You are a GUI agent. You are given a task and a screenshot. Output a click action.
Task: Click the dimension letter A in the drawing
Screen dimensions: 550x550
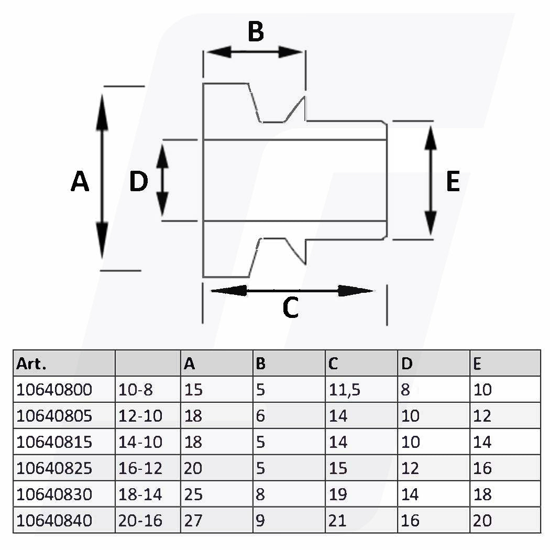(80, 182)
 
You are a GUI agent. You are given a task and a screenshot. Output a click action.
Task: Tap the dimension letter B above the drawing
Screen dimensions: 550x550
(256, 31)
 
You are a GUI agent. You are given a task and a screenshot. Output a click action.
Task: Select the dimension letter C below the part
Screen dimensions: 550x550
(290, 307)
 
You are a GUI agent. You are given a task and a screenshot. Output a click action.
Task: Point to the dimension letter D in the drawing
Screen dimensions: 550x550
(139, 182)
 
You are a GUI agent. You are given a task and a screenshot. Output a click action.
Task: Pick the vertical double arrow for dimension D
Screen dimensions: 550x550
(162, 180)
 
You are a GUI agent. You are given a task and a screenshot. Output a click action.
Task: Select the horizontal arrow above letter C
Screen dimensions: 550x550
(292, 290)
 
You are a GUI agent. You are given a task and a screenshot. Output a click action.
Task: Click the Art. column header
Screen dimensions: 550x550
(31, 364)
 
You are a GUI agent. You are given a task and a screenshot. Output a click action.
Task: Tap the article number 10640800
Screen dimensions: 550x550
(54, 390)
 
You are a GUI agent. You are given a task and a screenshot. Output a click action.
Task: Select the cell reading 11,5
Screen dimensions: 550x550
(344, 390)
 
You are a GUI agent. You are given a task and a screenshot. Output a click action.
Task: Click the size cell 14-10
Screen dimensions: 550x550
(141, 442)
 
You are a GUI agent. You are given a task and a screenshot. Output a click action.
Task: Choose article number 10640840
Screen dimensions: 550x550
(54, 520)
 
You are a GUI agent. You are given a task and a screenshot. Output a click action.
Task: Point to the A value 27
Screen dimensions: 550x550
(193, 520)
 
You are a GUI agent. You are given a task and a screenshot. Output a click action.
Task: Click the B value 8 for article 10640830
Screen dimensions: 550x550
(261, 494)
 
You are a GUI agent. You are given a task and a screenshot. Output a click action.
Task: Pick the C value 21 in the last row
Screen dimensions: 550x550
(338, 520)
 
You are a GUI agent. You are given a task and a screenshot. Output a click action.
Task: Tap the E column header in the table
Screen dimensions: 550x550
(477, 364)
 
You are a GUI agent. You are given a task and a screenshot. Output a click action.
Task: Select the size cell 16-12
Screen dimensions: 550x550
(141, 468)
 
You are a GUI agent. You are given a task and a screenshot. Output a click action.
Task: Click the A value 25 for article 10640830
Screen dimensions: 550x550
(193, 494)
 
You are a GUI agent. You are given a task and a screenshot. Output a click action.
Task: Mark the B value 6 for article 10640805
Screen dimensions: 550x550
(261, 416)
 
